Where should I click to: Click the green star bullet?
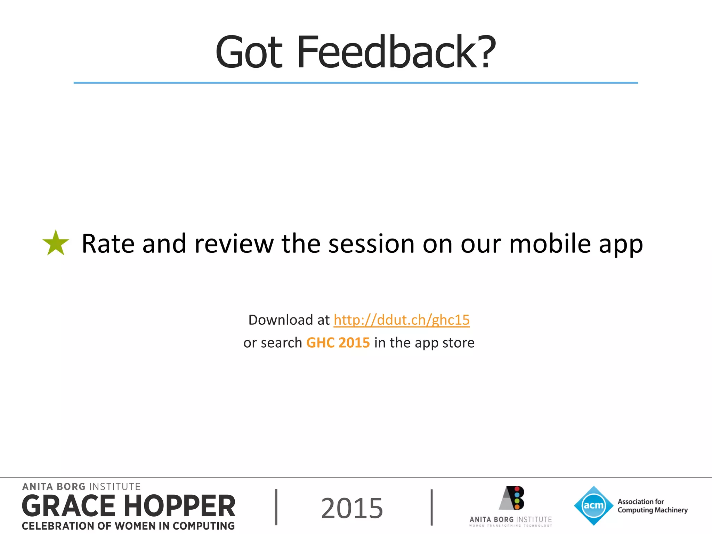[56, 243]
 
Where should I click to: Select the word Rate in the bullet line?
[108, 244]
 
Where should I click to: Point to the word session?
[371, 244]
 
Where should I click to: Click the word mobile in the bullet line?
[550, 244]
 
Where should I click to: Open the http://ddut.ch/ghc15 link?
[402, 320]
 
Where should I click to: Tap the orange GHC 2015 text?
[338, 343]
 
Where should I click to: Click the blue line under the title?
[356, 83]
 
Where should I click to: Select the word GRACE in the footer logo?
[68, 506]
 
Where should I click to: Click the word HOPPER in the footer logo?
[180, 506]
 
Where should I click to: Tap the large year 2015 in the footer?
[352, 508]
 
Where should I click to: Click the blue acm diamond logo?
[593, 505]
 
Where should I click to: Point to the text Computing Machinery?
[653, 510]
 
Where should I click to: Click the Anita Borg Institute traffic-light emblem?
[512, 498]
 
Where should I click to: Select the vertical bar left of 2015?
[276, 507]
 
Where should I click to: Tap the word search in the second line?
[281, 343]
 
